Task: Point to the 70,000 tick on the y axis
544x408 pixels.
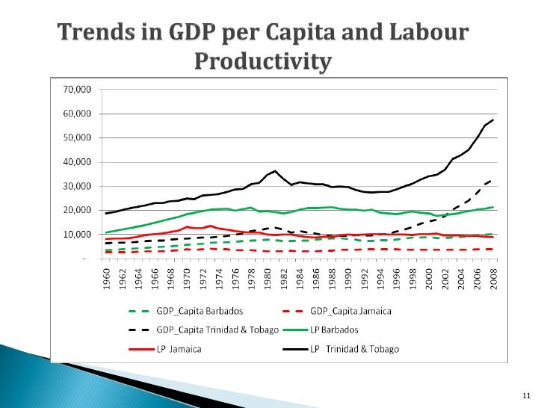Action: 75,90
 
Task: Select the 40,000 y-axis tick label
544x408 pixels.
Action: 75,162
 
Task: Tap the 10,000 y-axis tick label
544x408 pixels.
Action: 75,235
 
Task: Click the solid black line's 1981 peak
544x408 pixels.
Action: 275,171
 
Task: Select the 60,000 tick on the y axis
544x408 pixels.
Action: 75,114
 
